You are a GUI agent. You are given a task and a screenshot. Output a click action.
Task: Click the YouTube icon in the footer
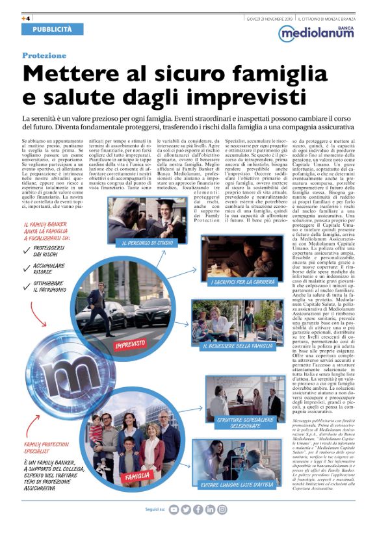(174, 509)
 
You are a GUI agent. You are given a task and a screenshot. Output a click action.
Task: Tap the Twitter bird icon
(186, 509)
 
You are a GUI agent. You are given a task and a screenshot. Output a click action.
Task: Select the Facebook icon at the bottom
(198, 509)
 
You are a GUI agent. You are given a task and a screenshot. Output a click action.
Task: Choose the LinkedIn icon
(211, 509)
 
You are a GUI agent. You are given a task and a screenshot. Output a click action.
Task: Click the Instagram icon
(222, 509)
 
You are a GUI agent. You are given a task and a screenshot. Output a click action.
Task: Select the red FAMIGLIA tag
(138, 476)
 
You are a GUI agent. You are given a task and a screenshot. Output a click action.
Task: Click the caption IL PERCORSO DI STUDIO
(148, 242)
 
